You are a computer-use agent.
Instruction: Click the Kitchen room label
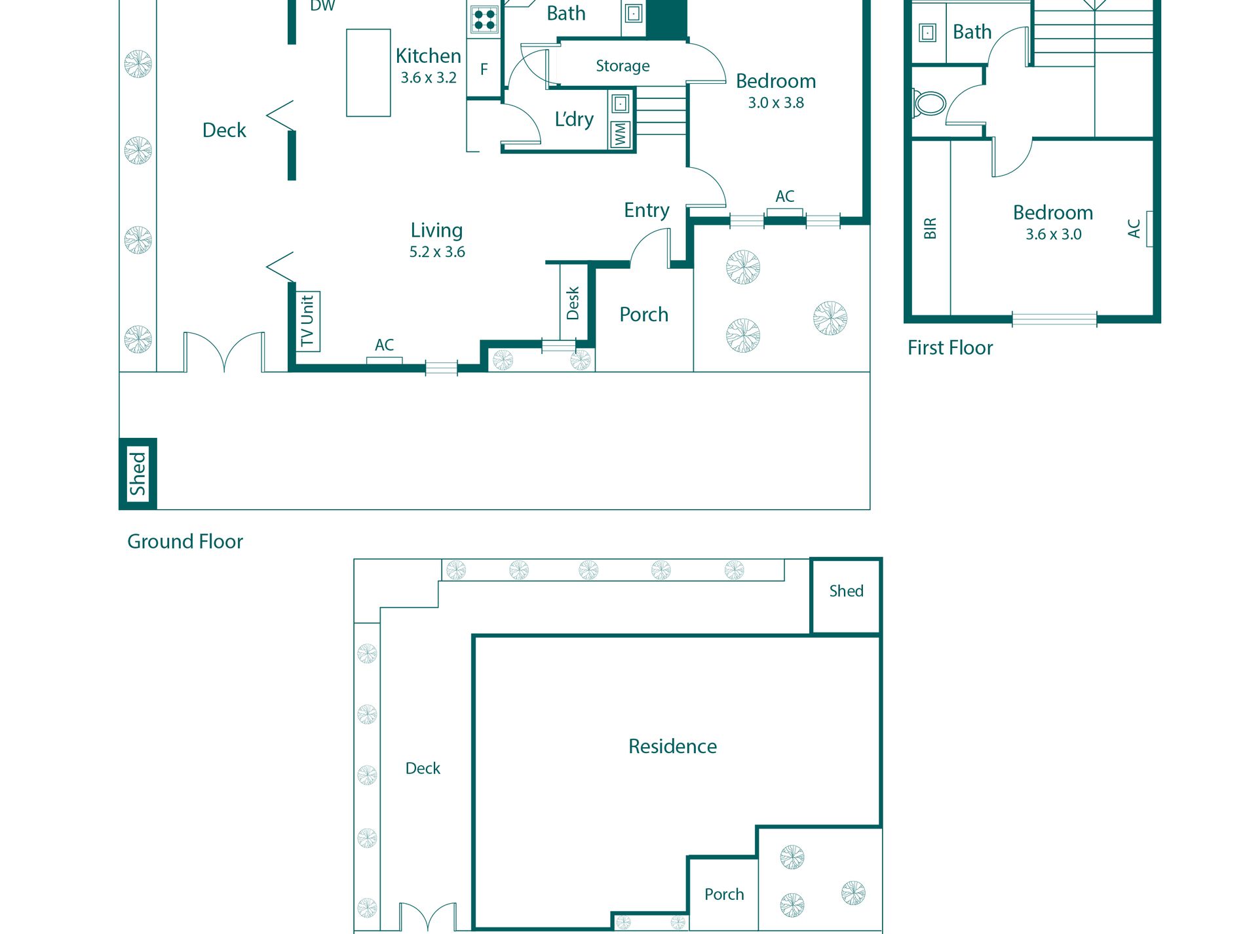[429, 56]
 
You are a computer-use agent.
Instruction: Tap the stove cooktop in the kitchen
[484, 19]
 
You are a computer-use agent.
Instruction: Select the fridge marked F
[484, 69]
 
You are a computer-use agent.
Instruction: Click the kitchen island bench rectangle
[368, 73]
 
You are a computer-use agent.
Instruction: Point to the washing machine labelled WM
[621, 134]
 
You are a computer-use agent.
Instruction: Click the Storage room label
[622, 66]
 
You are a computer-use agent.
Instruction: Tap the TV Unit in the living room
[308, 321]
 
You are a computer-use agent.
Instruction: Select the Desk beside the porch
[573, 302]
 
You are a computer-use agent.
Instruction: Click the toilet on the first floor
[929, 104]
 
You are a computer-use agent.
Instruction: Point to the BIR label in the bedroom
[930, 228]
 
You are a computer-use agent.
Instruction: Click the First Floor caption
[950, 347]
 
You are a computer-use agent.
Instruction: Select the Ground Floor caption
[185, 541]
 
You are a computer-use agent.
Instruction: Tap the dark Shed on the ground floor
[138, 473]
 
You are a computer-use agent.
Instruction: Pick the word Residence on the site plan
[672, 746]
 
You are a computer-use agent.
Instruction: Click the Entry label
[647, 210]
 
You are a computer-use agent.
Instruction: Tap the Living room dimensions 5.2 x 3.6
[437, 252]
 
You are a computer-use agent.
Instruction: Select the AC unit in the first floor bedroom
[1149, 229]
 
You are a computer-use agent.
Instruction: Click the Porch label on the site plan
[724, 895]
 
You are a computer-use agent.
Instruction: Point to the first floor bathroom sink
[928, 32]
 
